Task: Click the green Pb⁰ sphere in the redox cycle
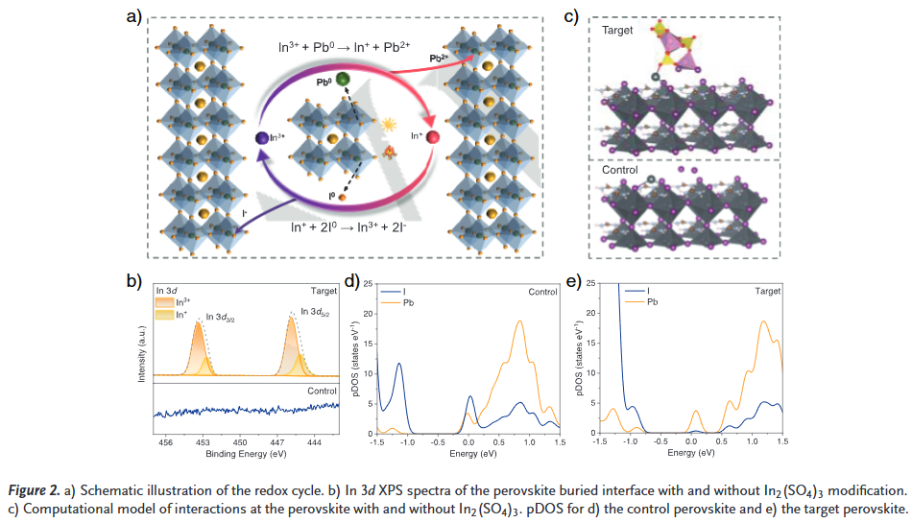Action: [343, 79]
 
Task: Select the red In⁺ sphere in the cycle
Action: [433, 139]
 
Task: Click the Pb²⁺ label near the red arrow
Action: [439, 59]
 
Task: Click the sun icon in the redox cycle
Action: [390, 125]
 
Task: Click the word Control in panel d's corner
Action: [541, 291]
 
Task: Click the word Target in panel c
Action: [618, 31]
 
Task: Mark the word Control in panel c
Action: [619, 170]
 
